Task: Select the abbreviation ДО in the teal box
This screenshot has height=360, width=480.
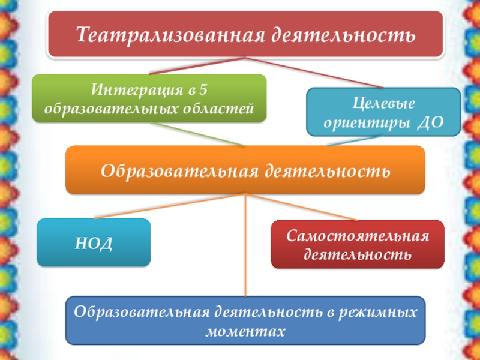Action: point(430,122)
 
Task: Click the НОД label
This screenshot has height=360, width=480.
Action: point(94,242)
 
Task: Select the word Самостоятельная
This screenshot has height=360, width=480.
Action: point(358,235)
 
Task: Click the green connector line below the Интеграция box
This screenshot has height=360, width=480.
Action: point(198,134)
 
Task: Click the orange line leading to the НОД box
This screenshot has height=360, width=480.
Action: point(168,206)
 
